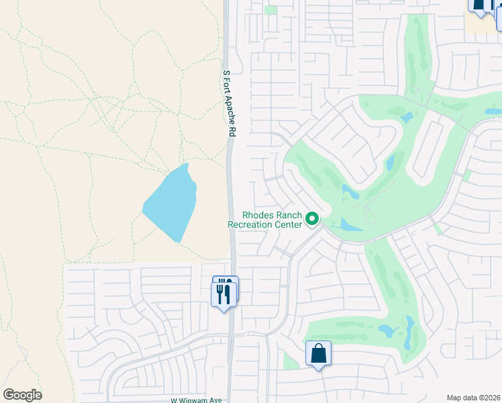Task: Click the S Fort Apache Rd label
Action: pos(228,104)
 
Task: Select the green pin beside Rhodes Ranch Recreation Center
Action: pos(312,220)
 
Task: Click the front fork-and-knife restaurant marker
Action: pos(223,294)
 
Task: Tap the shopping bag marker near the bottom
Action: pos(318,353)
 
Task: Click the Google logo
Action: pos(22,395)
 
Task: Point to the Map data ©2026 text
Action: pos(474,398)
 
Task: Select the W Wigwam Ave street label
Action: pos(196,400)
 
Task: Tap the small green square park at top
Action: pos(270,10)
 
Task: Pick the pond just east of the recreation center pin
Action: pos(346,225)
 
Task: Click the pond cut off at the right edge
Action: pos(493,111)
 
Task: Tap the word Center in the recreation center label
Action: pos(287,225)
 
